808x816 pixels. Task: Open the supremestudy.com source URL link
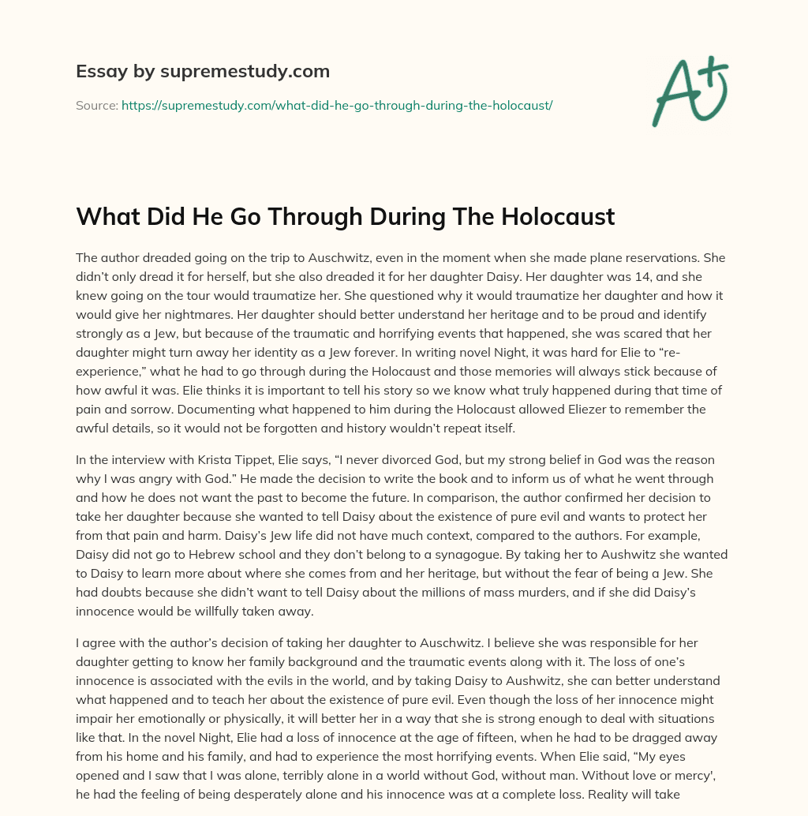pos(337,105)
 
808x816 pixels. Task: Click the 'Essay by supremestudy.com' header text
pos(203,72)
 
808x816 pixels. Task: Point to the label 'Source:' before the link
pos(97,105)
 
